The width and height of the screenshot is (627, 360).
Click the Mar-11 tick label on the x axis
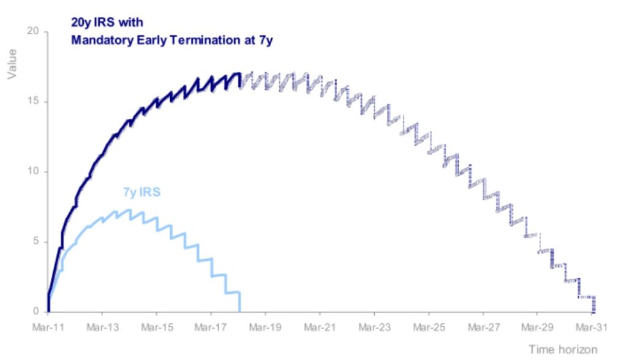point(48,327)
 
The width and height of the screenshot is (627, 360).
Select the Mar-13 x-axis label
point(102,327)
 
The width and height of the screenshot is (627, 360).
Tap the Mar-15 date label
point(157,327)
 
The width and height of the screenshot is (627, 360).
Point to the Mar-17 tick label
point(211,327)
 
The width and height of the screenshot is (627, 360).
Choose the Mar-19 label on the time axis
point(265,327)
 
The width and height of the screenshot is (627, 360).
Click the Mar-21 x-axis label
point(320,327)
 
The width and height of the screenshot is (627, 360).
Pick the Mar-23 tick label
point(374,327)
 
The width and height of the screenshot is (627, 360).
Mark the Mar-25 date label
point(429,327)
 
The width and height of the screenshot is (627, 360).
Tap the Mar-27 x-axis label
point(484,327)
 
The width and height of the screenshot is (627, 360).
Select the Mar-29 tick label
point(537,327)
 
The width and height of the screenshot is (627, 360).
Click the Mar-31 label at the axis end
point(591,327)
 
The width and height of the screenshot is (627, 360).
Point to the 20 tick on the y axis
point(33,31)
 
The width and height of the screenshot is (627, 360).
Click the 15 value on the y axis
point(33,101)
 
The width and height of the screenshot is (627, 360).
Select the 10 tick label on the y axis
point(33,171)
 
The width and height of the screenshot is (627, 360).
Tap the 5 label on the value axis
point(36,241)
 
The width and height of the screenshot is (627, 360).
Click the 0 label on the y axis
point(36,311)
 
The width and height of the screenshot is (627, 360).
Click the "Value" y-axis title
point(12,64)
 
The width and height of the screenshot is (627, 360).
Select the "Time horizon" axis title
point(563,349)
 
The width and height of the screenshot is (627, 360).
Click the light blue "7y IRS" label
point(141,192)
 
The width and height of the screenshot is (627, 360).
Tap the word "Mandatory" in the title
point(102,40)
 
